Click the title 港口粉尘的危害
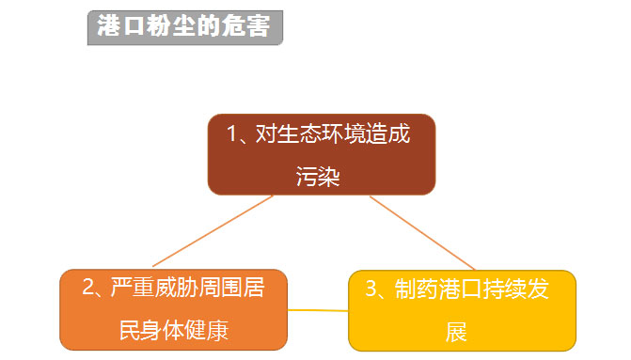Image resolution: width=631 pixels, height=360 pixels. (x=184, y=27)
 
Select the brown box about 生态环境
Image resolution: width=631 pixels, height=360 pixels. (x=321, y=154)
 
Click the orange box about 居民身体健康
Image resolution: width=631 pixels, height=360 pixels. (x=173, y=309)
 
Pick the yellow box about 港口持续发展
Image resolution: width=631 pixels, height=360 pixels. (x=462, y=311)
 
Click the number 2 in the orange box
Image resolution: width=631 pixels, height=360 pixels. (x=87, y=289)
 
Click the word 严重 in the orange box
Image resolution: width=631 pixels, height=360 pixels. (x=126, y=289)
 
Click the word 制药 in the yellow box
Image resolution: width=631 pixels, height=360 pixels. (x=410, y=290)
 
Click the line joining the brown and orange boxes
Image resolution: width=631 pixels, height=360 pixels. (x=213, y=231)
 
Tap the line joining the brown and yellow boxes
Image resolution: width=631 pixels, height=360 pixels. (x=423, y=233)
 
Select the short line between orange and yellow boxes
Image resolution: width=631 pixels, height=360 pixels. (x=318, y=309)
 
